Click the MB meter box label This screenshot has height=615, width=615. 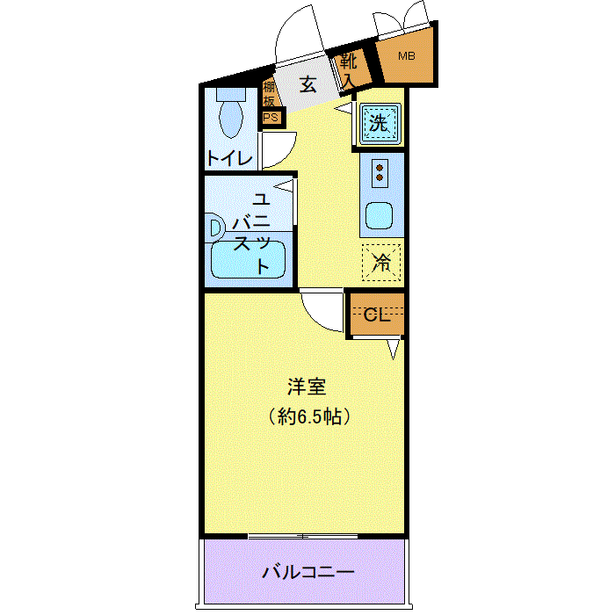pos(406,56)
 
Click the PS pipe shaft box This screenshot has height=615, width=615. pos(270,117)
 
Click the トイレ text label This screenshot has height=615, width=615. pos(229,159)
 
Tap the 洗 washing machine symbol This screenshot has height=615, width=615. pos(378,124)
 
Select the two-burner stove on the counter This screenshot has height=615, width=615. pos(380,172)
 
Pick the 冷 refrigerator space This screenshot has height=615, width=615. pos(381,261)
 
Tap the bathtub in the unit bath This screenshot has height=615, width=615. pos(249,258)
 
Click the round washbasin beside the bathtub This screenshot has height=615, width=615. pos(215,228)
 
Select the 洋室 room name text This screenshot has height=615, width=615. pos(308,386)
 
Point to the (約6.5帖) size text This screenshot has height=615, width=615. pos(309,416)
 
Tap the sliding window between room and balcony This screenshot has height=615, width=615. pos(303,535)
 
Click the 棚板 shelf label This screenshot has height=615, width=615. pos(269,94)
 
